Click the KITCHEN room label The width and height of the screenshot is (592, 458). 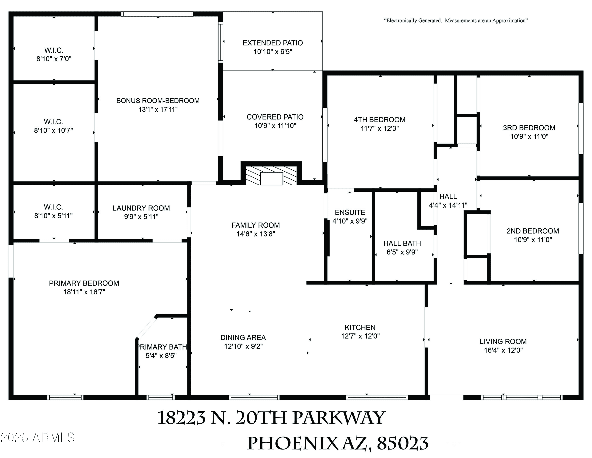pyautogui.click(x=360, y=327)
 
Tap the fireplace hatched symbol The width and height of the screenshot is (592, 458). pyautogui.click(x=271, y=175)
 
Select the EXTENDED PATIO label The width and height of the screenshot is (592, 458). pyautogui.click(x=273, y=43)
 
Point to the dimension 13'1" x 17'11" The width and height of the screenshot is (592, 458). pyautogui.click(x=158, y=109)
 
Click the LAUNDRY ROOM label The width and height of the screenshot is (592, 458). pyautogui.click(x=141, y=208)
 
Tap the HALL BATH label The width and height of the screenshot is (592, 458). pyautogui.click(x=402, y=243)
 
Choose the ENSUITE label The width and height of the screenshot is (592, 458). pyautogui.click(x=350, y=212)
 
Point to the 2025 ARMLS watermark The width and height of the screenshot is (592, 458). pyautogui.click(x=37, y=437)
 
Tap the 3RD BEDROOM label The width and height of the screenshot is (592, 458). pyautogui.click(x=529, y=128)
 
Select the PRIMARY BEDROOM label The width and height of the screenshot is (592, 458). pyautogui.click(x=84, y=283)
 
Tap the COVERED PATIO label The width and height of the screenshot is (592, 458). pyautogui.click(x=275, y=117)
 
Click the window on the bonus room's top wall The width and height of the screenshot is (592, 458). pyautogui.click(x=157, y=14)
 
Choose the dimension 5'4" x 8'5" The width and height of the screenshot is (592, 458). pyautogui.click(x=161, y=356)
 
